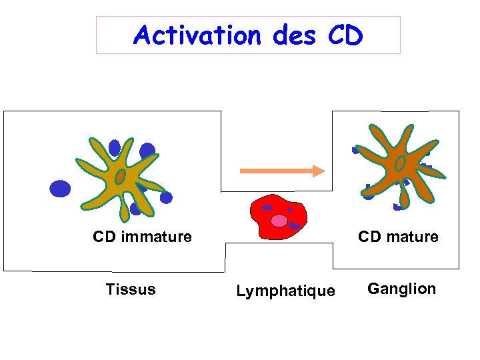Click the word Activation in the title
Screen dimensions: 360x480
click(196, 35)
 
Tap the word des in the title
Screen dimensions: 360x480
click(293, 35)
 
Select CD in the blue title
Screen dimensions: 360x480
click(345, 35)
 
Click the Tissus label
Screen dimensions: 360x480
click(131, 289)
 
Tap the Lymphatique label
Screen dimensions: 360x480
click(285, 291)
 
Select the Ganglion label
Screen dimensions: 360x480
click(402, 289)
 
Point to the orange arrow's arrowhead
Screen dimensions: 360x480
click(319, 171)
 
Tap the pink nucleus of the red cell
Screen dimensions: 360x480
click(279, 221)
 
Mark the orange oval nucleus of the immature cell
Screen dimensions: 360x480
click(120, 177)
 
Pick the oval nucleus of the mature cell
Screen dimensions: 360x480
click(401, 163)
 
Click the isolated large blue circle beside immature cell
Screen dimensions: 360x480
click(60, 189)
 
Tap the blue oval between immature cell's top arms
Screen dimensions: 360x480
click(115, 147)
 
